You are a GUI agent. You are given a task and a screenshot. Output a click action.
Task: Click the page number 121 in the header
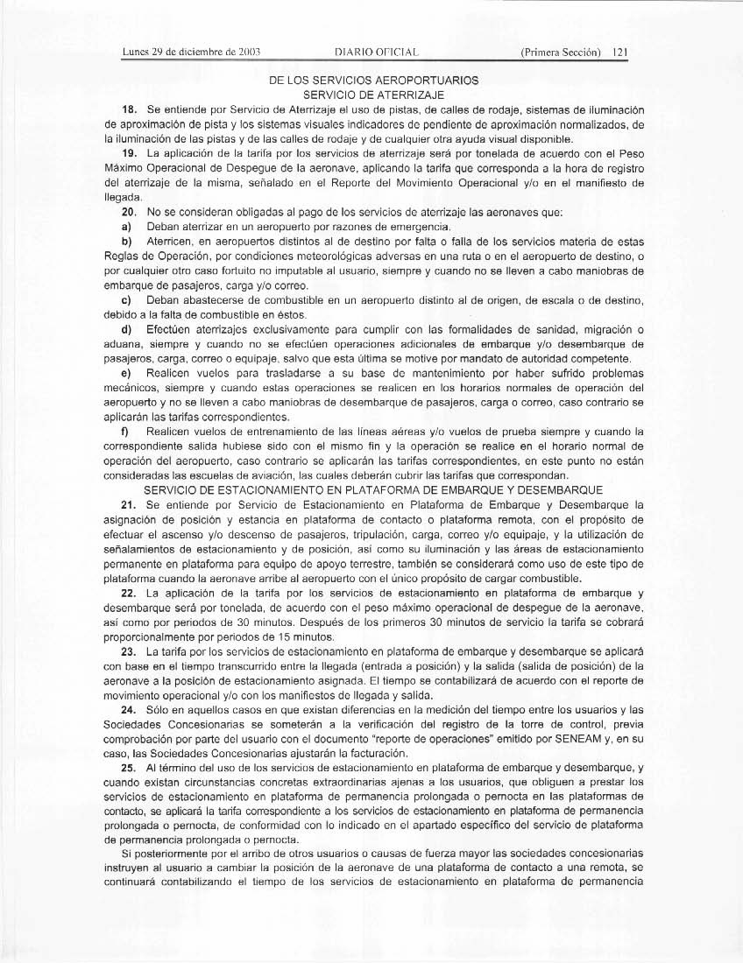click(621, 52)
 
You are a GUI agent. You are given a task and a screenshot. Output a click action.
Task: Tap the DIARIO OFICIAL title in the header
click(367, 52)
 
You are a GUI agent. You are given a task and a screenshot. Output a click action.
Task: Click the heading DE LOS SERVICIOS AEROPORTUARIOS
click(374, 81)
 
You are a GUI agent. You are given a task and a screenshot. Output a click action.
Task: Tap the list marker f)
click(126, 432)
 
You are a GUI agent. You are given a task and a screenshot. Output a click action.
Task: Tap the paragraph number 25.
click(129, 768)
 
